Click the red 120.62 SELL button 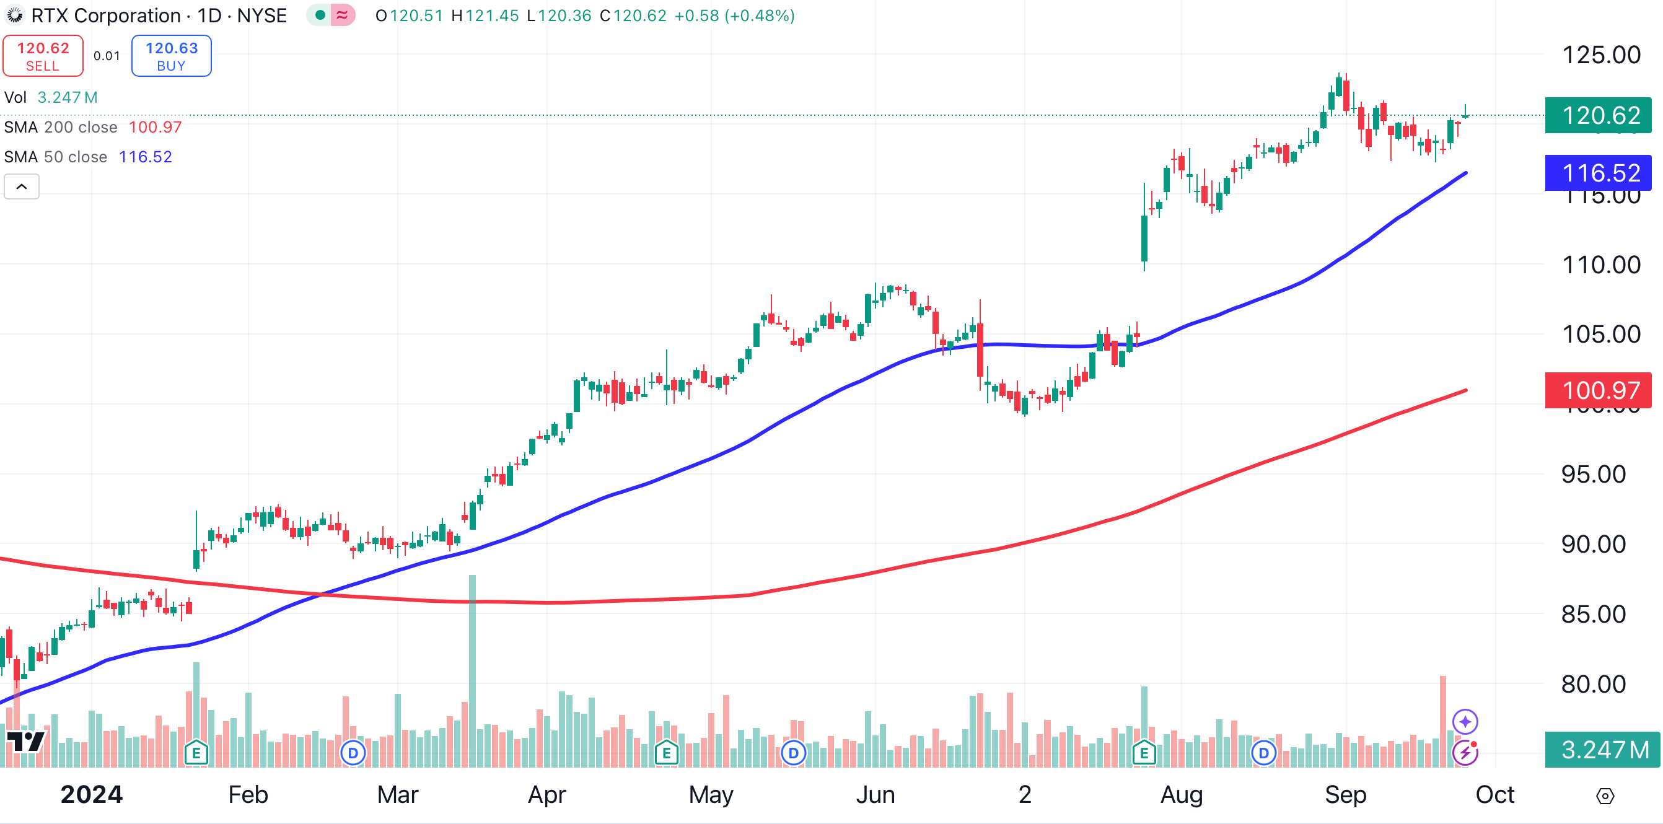click(43, 56)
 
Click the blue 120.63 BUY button click(171, 56)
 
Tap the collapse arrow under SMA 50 click(21, 186)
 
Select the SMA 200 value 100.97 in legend click(155, 127)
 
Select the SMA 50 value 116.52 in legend click(145, 157)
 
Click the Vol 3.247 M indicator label click(50, 97)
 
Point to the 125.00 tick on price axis click(1600, 55)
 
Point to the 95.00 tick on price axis click(1592, 475)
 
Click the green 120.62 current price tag click(1598, 116)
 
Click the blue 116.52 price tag click(1598, 173)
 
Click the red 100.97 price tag click(1598, 390)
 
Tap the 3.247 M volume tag click(1601, 750)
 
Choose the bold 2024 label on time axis click(91, 794)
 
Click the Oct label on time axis click(1494, 794)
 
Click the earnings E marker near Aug click(1144, 752)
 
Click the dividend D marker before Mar click(353, 752)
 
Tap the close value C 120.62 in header click(633, 15)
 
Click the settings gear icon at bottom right click(1605, 796)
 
